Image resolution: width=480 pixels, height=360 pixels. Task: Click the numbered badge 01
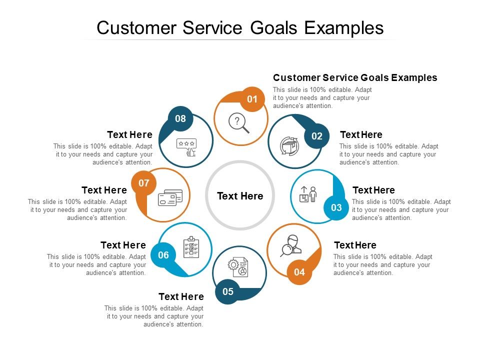tap(252, 99)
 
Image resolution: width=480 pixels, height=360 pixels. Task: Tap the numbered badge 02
tap(317, 136)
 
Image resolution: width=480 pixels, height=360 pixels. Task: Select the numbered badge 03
tap(336, 207)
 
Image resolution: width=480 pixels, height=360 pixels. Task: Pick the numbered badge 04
tap(299, 272)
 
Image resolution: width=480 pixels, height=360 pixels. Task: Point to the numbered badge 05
tap(228, 291)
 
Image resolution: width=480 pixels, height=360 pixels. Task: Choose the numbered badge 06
tap(163, 255)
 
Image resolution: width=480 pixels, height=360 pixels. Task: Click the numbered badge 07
tap(144, 183)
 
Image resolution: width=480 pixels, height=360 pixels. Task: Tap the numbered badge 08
tap(180, 118)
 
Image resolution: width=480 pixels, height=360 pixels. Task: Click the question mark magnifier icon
tap(238, 123)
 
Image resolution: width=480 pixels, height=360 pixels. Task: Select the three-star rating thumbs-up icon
tap(186, 147)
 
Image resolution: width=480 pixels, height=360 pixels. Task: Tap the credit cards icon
tap(169, 198)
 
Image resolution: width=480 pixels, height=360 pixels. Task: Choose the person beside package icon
tap(308, 194)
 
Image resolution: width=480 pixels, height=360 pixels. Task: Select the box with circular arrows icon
tap(289, 145)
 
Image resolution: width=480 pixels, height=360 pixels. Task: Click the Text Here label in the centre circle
tap(240, 196)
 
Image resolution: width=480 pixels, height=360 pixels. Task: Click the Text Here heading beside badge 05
tap(181, 296)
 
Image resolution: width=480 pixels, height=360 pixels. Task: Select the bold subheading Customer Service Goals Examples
tap(355, 77)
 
